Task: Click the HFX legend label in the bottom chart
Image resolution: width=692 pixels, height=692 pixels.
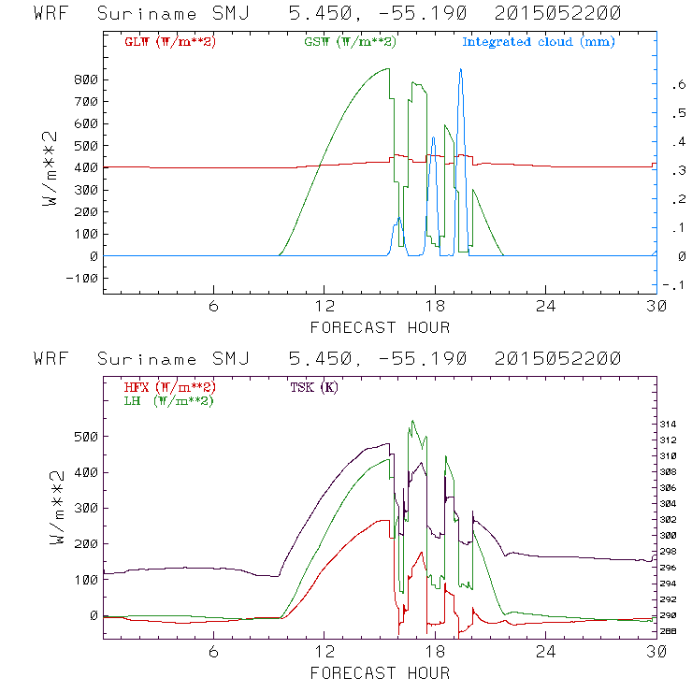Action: (x=169, y=387)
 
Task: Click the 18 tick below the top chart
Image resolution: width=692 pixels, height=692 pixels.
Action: (x=435, y=307)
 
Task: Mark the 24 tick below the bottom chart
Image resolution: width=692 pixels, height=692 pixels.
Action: (x=545, y=653)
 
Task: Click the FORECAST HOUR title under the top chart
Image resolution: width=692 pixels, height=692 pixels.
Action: (x=379, y=327)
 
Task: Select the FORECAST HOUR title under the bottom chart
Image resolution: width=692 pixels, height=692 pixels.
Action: (x=379, y=673)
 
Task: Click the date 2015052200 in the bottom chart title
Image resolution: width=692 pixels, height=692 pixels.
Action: (x=557, y=359)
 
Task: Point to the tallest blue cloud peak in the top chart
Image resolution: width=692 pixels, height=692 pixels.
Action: (x=460, y=70)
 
